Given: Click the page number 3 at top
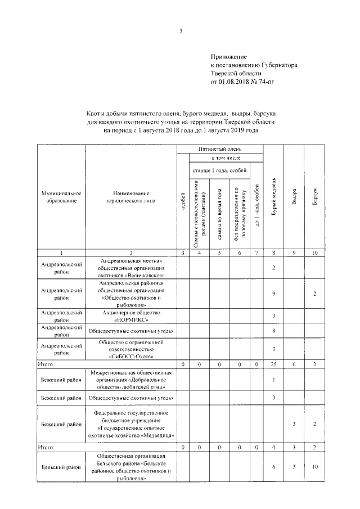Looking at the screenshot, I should [x=181, y=31].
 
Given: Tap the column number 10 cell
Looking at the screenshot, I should [x=315, y=254].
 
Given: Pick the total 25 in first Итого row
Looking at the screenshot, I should [x=273, y=364].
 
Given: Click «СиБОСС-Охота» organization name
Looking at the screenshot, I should [x=131, y=356].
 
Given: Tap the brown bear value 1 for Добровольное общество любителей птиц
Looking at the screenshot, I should [x=273, y=380].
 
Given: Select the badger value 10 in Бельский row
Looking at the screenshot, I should [x=315, y=467].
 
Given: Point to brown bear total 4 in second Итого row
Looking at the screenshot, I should [x=273, y=447].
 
